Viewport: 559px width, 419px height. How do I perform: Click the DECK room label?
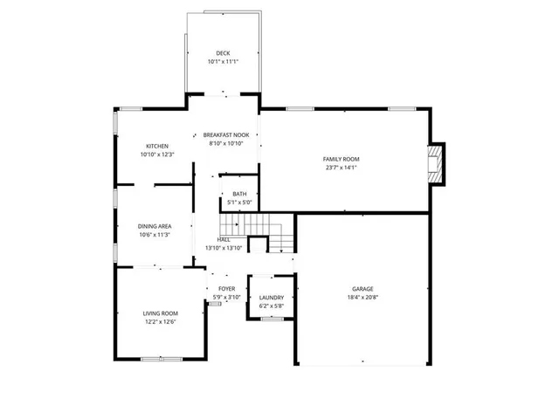[224, 53]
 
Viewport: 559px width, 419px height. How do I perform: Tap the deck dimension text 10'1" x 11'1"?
[224, 62]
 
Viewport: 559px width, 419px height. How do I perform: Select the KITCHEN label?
[157, 146]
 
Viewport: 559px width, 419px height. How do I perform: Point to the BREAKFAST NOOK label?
[226, 134]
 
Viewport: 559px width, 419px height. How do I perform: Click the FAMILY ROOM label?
[342, 159]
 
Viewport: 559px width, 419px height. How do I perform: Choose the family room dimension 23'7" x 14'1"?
[342, 168]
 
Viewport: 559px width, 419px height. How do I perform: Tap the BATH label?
[239, 194]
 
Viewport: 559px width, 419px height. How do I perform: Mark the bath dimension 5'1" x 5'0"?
[239, 203]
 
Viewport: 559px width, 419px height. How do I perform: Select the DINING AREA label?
[154, 226]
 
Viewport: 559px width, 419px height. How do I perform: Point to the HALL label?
[224, 239]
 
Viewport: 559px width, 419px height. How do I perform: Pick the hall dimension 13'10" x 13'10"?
[224, 248]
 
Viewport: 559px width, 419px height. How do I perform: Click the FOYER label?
[225, 289]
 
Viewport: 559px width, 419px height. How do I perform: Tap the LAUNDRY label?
[272, 298]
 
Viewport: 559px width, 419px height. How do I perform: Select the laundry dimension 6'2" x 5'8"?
[272, 306]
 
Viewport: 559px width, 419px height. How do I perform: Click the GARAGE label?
[363, 289]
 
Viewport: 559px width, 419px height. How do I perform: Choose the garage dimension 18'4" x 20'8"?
[363, 298]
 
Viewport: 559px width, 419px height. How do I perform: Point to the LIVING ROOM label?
[161, 313]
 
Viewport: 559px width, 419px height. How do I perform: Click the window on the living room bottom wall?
[162, 359]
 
